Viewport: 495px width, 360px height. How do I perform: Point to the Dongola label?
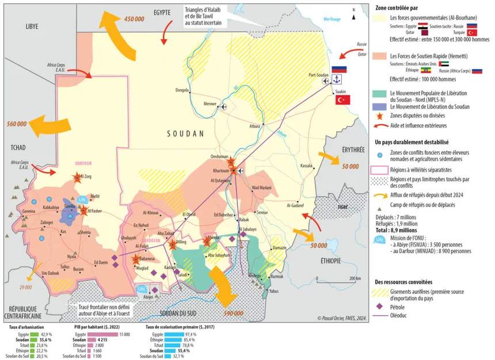coord(182,90)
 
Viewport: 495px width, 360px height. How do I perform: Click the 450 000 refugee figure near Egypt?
coord(134,20)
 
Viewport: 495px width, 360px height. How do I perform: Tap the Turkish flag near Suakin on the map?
coord(343,99)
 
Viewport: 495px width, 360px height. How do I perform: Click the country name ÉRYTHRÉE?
coord(353,150)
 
